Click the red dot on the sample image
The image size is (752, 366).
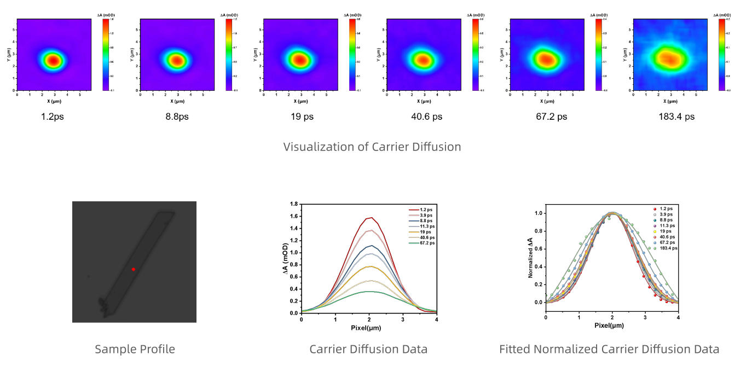pos(134,269)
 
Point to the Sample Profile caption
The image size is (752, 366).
pos(135,349)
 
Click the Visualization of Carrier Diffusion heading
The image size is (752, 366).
pos(372,147)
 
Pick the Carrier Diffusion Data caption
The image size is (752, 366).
pos(368,349)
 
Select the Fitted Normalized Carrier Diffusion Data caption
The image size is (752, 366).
pos(609,349)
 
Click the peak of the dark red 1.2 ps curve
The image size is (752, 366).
pos(371,218)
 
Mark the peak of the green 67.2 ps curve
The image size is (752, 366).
pos(369,292)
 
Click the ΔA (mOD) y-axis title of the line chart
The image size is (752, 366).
pos(285,259)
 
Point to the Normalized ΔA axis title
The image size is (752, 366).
pos(530,258)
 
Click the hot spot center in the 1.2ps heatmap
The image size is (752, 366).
pos(53,60)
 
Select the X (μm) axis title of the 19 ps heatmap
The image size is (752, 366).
pos(299,101)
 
